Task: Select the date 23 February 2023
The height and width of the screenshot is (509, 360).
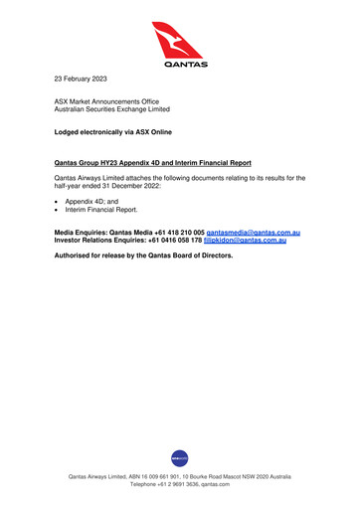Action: pyautogui.click(x=83, y=77)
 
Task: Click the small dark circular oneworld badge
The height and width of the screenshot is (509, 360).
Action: pyautogui.click(x=180, y=458)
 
